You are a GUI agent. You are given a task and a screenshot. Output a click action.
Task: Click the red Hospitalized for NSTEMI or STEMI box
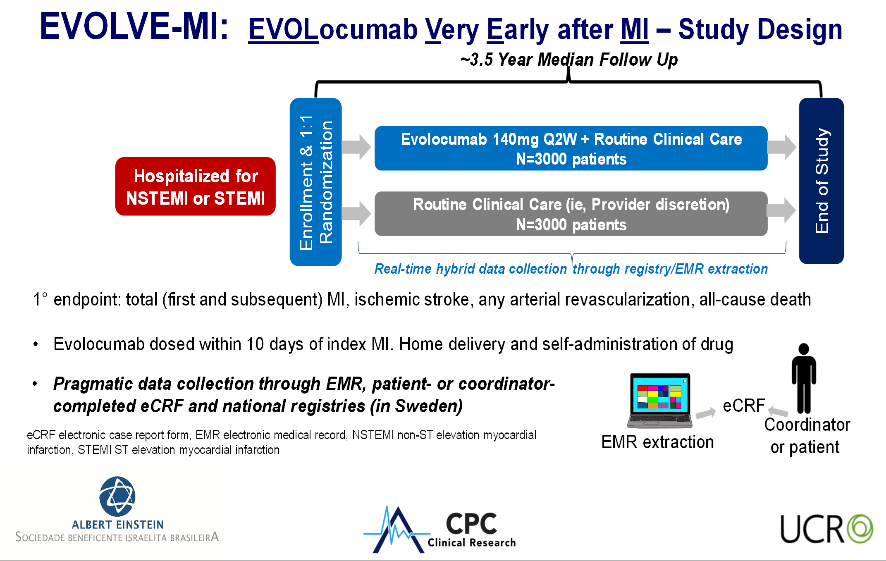tap(195, 186)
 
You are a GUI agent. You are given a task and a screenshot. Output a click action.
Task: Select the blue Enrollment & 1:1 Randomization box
tap(315, 182)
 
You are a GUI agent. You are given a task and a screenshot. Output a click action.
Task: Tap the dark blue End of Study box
tap(821, 181)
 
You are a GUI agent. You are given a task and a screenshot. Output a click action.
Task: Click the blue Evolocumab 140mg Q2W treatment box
tap(571, 148)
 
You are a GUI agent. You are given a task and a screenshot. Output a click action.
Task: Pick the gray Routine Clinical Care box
tap(571, 214)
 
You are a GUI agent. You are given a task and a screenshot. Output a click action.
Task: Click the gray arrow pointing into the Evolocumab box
tap(356, 147)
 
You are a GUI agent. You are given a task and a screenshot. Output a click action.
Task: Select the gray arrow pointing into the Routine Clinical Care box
tap(356, 213)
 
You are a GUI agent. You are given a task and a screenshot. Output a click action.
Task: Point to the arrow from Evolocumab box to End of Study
tap(781, 147)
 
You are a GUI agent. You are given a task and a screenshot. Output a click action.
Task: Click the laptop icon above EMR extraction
tap(659, 401)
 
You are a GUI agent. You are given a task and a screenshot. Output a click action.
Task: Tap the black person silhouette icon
tap(803, 378)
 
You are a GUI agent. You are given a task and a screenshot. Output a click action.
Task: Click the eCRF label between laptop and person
tap(744, 406)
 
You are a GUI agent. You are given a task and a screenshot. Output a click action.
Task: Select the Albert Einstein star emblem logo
tap(117, 497)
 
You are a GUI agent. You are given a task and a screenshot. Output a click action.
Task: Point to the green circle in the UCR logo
tap(860, 528)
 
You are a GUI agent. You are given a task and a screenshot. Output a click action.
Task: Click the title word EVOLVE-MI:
tap(134, 26)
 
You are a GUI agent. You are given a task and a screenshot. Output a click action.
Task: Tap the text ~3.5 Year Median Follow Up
tap(569, 60)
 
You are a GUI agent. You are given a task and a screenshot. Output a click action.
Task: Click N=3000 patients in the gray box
tap(571, 225)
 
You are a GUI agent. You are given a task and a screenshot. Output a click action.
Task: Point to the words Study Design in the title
tap(760, 30)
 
